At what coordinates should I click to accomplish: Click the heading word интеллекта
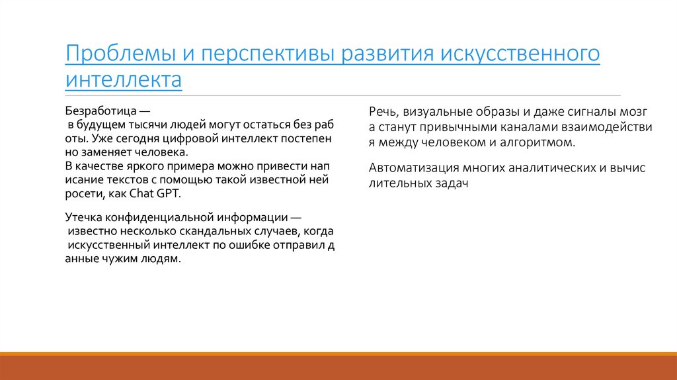click(123, 81)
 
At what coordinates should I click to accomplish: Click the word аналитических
click(545, 168)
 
